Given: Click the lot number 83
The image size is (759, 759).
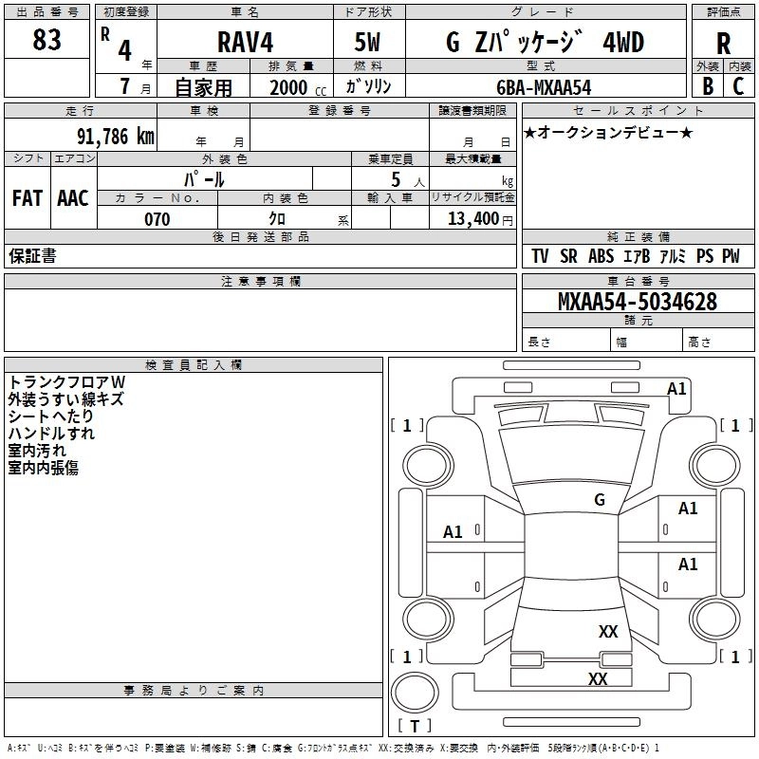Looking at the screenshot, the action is (46, 40).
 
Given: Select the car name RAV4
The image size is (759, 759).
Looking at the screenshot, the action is (246, 42).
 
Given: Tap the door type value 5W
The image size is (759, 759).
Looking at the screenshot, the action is (367, 42).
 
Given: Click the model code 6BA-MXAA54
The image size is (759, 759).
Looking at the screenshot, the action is (544, 87).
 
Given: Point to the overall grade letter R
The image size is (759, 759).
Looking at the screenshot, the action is (723, 44).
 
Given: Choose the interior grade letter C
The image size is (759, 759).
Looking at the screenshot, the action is (738, 86).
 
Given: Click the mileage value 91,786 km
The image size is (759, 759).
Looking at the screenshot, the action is (115, 137).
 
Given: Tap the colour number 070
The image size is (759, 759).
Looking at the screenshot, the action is (157, 219).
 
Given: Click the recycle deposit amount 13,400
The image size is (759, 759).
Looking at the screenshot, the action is (472, 219).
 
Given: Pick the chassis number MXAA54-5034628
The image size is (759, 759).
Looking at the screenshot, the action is (638, 302).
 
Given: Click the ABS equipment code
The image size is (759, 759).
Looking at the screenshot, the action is (601, 256).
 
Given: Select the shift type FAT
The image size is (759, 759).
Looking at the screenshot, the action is (28, 198).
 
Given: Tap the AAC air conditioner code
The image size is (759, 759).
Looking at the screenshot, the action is (73, 198).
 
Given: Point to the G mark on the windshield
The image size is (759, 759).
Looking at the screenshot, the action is (600, 500).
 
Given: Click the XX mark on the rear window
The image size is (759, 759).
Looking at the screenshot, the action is (608, 631).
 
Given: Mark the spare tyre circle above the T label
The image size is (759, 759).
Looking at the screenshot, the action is (415, 693).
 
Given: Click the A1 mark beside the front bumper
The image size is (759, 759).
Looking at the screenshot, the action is (676, 389).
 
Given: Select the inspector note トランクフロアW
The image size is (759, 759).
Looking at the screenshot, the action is (66, 382).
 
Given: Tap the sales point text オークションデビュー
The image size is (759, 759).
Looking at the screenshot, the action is (608, 132).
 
